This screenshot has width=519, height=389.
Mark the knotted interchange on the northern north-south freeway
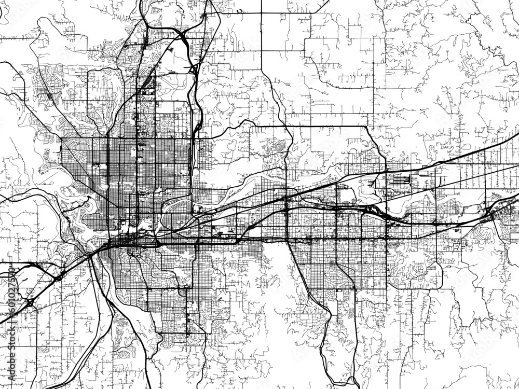tap(193, 68)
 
